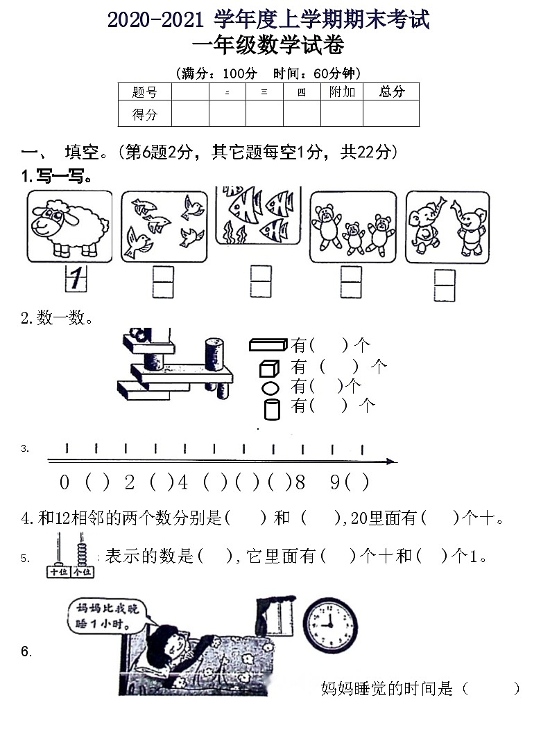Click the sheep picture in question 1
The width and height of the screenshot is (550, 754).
[x=69, y=227]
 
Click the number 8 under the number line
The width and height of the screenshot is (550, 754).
[x=300, y=482]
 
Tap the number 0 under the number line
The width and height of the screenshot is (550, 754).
[x=65, y=482]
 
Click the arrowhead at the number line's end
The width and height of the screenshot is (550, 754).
[x=391, y=461]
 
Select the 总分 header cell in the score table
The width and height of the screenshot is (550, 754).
[x=391, y=91]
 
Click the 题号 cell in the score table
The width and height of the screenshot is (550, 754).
[x=144, y=91]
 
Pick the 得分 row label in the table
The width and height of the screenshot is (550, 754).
[x=144, y=114]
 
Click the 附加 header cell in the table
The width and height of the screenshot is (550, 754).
[x=342, y=91]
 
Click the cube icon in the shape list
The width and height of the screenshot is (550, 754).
[x=268, y=367]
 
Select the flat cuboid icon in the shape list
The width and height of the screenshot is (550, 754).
[x=268, y=344]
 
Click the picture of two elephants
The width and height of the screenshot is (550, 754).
[x=447, y=227]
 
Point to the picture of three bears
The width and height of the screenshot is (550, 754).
[x=352, y=227]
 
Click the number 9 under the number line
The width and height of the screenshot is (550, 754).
[x=335, y=482]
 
